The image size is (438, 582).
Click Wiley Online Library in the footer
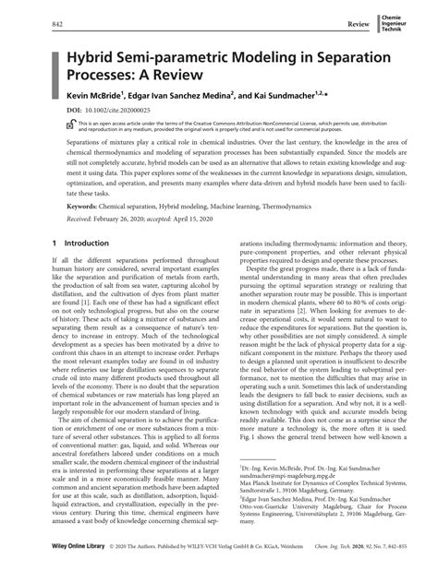(x=59, y=572)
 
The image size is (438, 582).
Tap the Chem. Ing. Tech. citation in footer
(x=336, y=572)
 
